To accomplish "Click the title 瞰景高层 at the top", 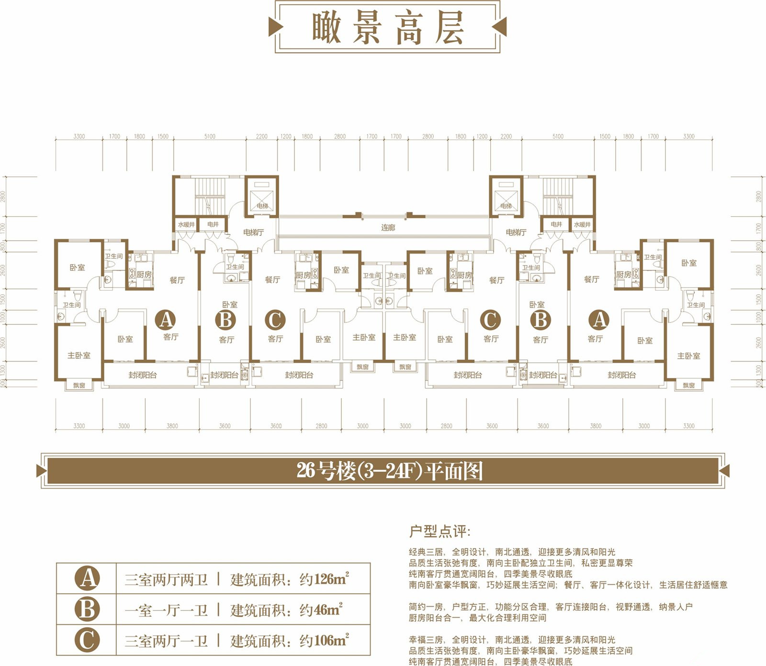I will tap(388, 28).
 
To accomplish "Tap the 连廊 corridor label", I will tap(388, 228).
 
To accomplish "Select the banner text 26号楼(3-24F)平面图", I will tap(389, 471).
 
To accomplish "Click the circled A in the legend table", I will tap(87, 578).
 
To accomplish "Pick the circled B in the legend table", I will tap(87, 610).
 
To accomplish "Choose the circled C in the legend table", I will tap(87, 640).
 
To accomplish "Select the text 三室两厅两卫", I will tap(166, 580).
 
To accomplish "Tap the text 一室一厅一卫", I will tap(166, 610).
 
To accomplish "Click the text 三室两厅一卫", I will tap(166, 641).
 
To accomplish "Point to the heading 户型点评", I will tap(439, 532).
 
